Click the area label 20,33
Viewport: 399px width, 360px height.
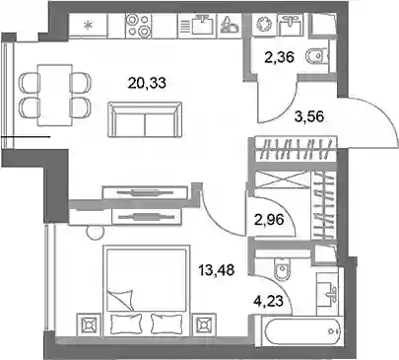(x=147, y=83)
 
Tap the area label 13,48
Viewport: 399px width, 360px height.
(x=216, y=270)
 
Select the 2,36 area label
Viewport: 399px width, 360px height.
(x=279, y=57)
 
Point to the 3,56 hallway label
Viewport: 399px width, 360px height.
(x=309, y=116)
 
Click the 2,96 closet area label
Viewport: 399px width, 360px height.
(x=269, y=219)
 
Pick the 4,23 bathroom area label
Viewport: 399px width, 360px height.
(x=268, y=300)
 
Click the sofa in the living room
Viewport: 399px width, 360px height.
(x=145, y=119)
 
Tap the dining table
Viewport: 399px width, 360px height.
(x=55, y=96)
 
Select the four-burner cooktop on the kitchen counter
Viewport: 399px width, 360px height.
(x=138, y=26)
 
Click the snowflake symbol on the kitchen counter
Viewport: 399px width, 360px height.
(x=88, y=25)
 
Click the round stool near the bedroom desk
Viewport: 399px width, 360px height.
(x=95, y=232)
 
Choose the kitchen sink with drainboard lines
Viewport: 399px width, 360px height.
(x=196, y=24)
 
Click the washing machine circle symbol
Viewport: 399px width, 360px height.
(x=264, y=25)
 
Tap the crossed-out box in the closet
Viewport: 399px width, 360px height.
(x=283, y=180)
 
